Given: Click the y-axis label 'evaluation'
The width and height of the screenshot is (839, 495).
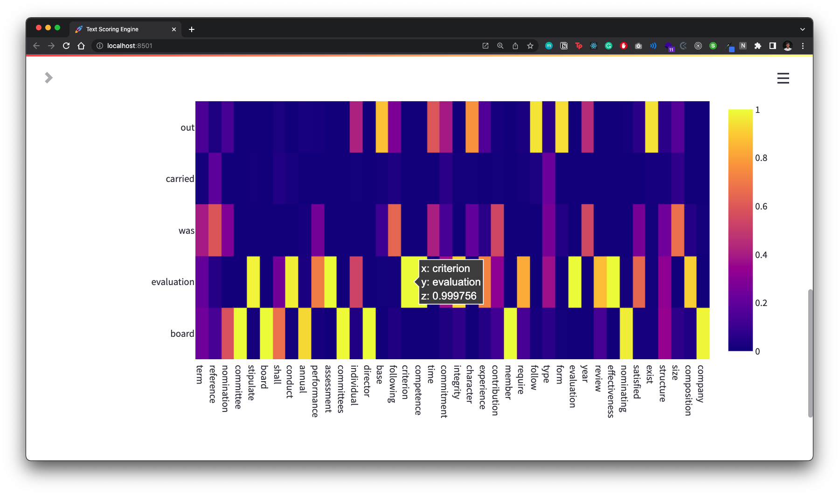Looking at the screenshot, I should [x=173, y=282].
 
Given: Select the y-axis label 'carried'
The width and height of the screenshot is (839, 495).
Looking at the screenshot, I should [x=180, y=179].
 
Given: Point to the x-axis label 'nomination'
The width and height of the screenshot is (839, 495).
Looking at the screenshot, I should [x=225, y=388].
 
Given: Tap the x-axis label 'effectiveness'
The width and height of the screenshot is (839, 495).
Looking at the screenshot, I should [x=611, y=391].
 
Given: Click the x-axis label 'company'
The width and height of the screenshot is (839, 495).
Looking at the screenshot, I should [x=700, y=383].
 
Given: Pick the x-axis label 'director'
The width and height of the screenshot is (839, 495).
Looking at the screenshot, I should [x=367, y=381].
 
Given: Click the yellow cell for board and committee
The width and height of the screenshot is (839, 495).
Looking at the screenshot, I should [x=240, y=333].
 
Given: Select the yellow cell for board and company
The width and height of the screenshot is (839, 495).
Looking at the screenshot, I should [x=703, y=333].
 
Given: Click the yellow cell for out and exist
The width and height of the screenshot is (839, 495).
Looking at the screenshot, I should [x=652, y=127].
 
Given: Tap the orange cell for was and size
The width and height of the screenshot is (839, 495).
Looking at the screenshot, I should [x=677, y=230].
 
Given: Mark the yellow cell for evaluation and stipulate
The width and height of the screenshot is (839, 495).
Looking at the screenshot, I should [x=253, y=282].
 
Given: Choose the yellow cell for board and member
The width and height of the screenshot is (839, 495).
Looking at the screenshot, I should [x=510, y=333].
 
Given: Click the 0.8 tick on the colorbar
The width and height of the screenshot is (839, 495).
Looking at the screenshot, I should [x=761, y=158].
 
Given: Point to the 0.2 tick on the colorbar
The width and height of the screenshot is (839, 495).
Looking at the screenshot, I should [x=761, y=303].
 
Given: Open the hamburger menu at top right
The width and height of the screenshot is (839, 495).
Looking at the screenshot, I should [x=783, y=78].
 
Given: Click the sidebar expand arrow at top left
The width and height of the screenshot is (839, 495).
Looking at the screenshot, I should [x=49, y=78].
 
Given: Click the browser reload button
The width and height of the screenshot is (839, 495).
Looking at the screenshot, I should [x=66, y=46].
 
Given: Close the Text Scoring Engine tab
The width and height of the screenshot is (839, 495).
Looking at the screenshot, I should [x=174, y=29].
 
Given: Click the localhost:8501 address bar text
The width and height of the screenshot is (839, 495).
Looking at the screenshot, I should [x=130, y=46].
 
